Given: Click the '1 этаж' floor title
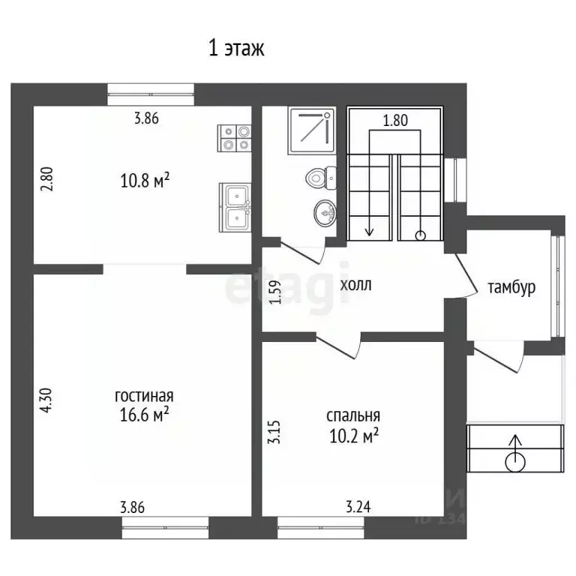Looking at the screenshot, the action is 236,48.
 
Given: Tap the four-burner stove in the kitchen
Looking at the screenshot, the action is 234,138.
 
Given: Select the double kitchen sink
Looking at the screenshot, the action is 235,207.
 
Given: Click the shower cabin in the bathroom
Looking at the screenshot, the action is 312,130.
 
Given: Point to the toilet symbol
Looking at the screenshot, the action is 321,178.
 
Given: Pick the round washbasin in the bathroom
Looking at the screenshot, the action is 325,213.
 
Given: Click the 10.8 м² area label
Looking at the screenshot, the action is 145,181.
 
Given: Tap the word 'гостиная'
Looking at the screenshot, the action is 144,396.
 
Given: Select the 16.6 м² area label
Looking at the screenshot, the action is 144,415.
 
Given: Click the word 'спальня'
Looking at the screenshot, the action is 353,415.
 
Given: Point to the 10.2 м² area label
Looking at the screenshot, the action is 354,436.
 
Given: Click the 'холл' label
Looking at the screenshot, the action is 355,285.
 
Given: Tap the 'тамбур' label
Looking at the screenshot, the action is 511,288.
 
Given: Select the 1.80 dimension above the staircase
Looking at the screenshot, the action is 395,121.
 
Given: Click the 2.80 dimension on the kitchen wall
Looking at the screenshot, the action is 47,179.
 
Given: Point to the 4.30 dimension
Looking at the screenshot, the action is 47,400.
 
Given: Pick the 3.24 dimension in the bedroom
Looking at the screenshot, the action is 358,507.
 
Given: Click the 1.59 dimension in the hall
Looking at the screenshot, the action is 275,292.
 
